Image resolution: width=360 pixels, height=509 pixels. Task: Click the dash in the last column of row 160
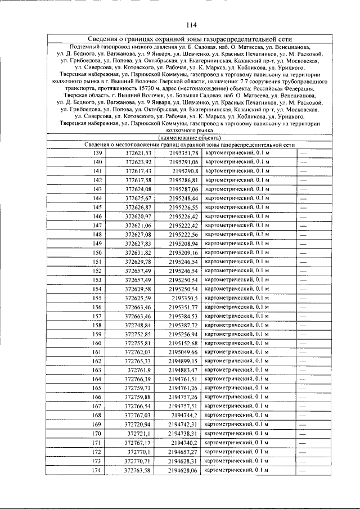(x=303, y=343)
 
